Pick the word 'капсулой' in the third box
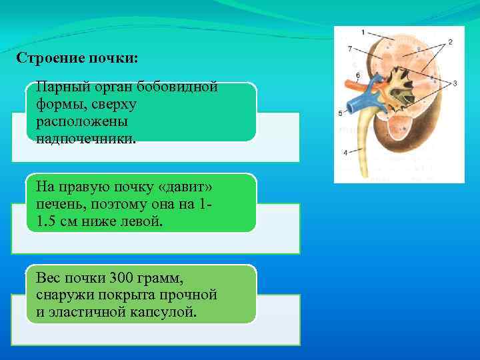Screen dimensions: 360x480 (x=170, y=311)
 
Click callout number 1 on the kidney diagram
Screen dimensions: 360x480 (x=363, y=32)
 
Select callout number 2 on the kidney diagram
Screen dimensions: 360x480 (x=450, y=42)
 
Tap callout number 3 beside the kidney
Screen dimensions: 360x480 (x=454, y=83)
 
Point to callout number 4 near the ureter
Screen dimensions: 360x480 (x=345, y=152)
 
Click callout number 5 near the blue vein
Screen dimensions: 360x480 (x=341, y=113)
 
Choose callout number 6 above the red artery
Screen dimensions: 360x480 (x=358, y=75)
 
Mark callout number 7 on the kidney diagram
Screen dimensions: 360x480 (x=350, y=49)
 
